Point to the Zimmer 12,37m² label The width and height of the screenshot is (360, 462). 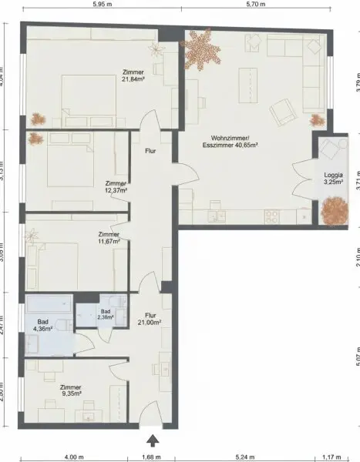(x=116, y=187)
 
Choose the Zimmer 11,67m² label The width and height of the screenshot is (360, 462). (x=109, y=238)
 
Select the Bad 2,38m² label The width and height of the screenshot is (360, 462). (x=106, y=314)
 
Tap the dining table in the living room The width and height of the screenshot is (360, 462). (x=249, y=82)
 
